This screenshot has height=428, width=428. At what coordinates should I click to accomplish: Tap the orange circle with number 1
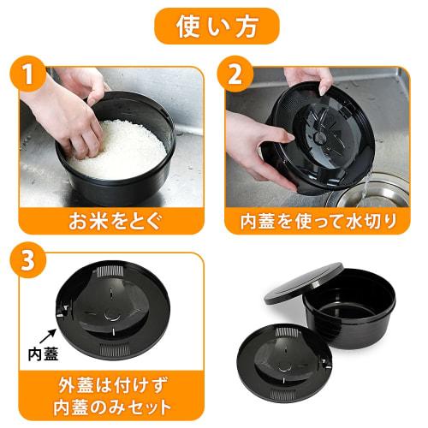coord(30,75)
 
